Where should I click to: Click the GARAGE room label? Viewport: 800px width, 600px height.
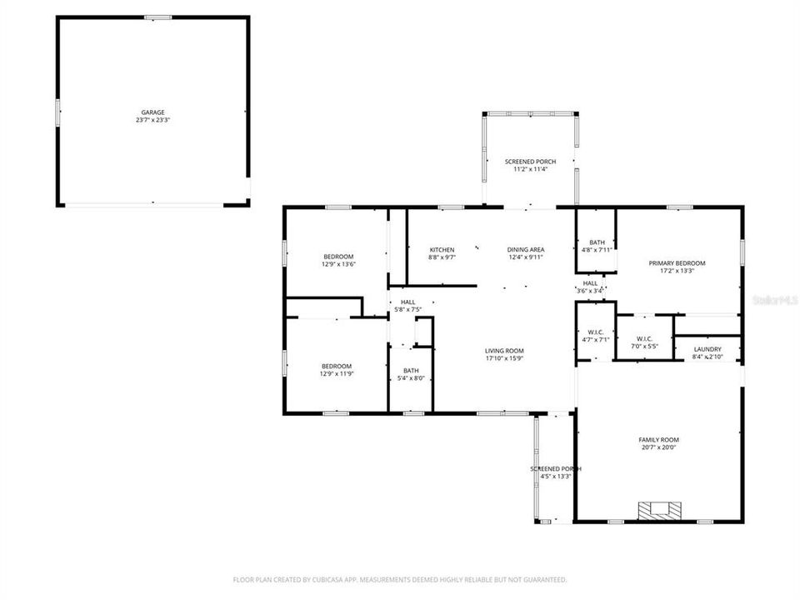pyautogui.click(x=152, y=112)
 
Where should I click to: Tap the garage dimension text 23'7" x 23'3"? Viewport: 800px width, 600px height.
pyautogui.click(x=152, y=120)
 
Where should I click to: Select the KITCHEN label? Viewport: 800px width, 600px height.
pyautogui.click(x=442, y=250)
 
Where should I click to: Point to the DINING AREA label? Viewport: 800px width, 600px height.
pyautogui.click(x=526, y=249)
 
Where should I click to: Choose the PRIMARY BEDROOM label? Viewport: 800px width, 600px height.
pyautogui.click(x=677, y=263)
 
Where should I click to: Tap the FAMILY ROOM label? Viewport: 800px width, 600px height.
pyautogui.click(x=658, y=440)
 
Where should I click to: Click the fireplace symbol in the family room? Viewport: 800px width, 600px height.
pyautogui.click(x=658, y=509)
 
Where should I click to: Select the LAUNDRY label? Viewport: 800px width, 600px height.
pyautogui.click(x=707, y=349)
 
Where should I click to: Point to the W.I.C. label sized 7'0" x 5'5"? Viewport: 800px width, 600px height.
pyautogui.click(x=643, y=338)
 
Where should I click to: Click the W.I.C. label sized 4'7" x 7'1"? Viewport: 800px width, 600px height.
pyautogui.click(x=595, y=332)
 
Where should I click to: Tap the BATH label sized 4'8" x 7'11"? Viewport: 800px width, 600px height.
pyautogui.click(x=597, y=242)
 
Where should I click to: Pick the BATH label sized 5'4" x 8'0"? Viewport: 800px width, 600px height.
pyautogui.click(x=411, y=371)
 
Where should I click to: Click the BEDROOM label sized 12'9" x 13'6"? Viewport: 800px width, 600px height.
pyautogui.click(x=338, y=256)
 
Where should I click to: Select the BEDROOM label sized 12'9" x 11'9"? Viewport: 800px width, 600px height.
pyautogui.click(x=337, y=366)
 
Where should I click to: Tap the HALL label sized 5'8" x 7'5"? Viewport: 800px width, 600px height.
pyautogui.click(x=407, y=302)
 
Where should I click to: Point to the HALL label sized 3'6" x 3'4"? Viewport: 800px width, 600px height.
pyautogui.click(x=590, y=283)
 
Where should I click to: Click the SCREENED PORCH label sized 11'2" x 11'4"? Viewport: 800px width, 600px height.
pyautogui.click(x=530, y=162)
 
